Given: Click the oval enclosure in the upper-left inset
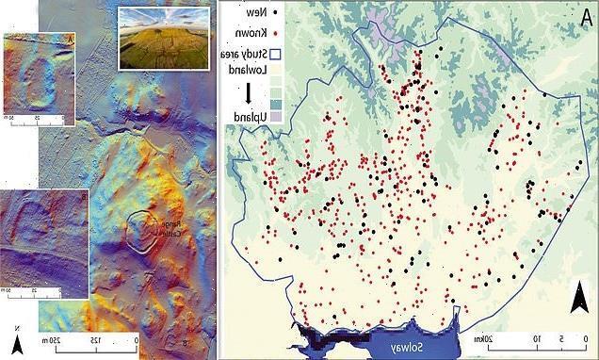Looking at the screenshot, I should [39, 81].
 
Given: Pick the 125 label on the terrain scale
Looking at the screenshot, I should [93, 340].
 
